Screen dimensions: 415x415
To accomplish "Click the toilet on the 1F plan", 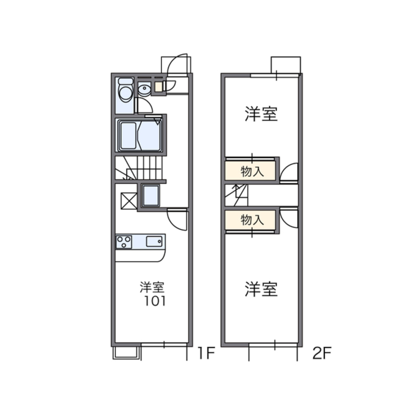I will [x=125, y=92].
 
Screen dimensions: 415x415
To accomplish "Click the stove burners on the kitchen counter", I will [x=124, y=242].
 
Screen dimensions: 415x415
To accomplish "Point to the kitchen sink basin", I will [x=154, y=241].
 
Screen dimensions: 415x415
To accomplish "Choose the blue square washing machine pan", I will [x=151, y=196].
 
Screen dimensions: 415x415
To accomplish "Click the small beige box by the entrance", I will [x=159, y=87].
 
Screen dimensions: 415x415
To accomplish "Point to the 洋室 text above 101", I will [x=152, y=286].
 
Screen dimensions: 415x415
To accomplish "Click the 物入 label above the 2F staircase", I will [x=252, y=171].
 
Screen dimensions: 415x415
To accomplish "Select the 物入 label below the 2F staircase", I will [x=252, y=220].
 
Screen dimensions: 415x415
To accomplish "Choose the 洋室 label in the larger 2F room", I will [x=261, y=289].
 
